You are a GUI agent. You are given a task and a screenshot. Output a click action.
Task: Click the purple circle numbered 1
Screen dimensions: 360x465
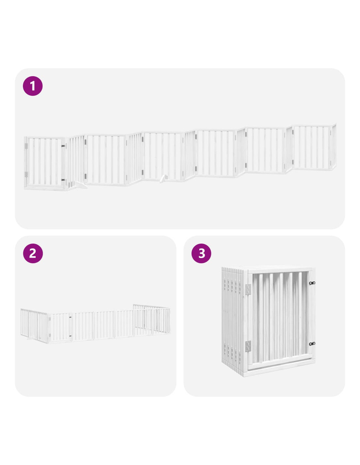click(x=33, y=86)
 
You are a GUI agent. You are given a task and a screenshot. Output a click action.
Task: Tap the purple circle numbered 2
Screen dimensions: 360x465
click(x=33, y=253)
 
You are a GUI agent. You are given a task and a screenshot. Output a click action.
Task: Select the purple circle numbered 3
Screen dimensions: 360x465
click(x=201, y=253)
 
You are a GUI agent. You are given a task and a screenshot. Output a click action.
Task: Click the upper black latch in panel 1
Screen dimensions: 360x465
click(x=63, y=146)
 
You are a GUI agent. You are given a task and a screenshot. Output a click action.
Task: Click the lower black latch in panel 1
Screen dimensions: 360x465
click(x=63, y=180)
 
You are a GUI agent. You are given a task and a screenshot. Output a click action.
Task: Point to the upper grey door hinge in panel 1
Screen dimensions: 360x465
click(x=26, y=146)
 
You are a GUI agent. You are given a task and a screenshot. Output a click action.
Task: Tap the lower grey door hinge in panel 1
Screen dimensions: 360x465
click(x=26, y=174)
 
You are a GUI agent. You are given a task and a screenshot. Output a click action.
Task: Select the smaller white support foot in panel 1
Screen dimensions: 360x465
click(x=164, y=179)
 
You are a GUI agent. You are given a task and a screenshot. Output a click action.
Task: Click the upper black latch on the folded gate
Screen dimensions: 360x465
click(x=312, y=283)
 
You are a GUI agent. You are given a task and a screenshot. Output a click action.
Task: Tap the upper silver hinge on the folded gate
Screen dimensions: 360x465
click(x=248, y=289)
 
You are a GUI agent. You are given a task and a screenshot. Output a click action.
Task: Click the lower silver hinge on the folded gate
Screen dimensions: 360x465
click(x=248, y=346)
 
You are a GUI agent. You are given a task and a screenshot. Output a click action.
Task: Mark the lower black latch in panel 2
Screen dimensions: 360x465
click(x=70, y=336)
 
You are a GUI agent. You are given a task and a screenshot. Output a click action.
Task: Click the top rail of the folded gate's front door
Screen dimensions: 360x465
click(x=281, y=270)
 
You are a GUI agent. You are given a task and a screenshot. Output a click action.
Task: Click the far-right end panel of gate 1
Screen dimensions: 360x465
click(x=333, y=146)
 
